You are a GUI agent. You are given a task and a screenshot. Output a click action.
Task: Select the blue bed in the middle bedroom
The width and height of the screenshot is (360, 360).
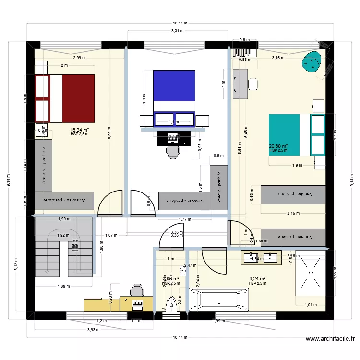tap(174, 91)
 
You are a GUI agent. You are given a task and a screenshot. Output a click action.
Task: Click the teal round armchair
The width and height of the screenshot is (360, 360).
tap(312, 62)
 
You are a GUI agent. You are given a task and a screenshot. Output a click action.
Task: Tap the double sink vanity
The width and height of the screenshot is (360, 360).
tap(262, 257)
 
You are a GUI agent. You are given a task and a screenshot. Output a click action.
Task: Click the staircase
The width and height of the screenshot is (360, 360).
tap(63, 246)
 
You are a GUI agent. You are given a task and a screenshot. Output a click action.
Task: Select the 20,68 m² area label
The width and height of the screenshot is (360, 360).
tap(278, 146)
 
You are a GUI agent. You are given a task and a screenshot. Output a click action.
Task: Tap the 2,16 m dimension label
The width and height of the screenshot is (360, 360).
tap(294, 213)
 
